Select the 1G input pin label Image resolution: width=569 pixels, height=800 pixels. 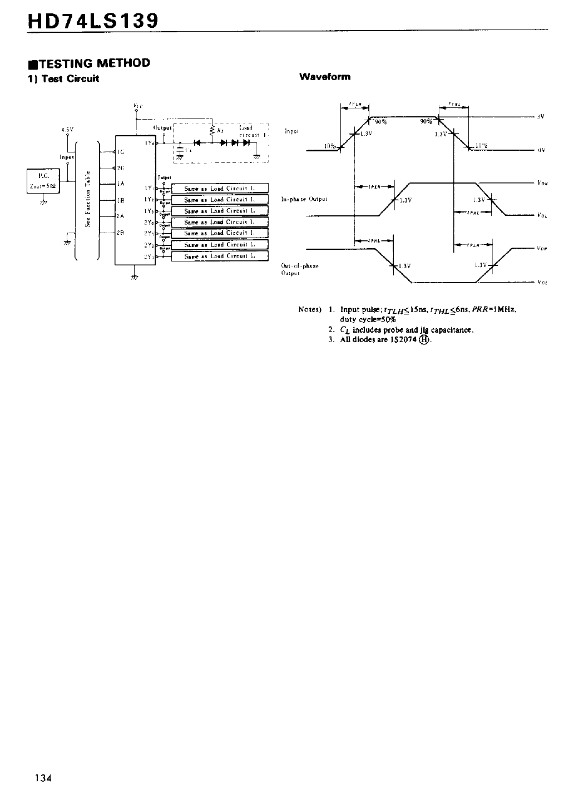121,151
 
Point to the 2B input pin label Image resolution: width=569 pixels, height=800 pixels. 121,233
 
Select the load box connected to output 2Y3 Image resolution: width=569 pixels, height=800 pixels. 220,256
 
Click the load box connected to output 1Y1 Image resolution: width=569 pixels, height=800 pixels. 220,188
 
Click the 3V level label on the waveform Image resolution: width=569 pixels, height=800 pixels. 540,116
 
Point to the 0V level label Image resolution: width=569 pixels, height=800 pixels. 541,150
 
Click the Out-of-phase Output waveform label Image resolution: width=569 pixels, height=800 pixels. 300,269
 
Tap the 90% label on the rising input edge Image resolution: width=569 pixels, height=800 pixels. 381,122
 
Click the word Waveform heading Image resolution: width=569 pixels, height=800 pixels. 324,77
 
